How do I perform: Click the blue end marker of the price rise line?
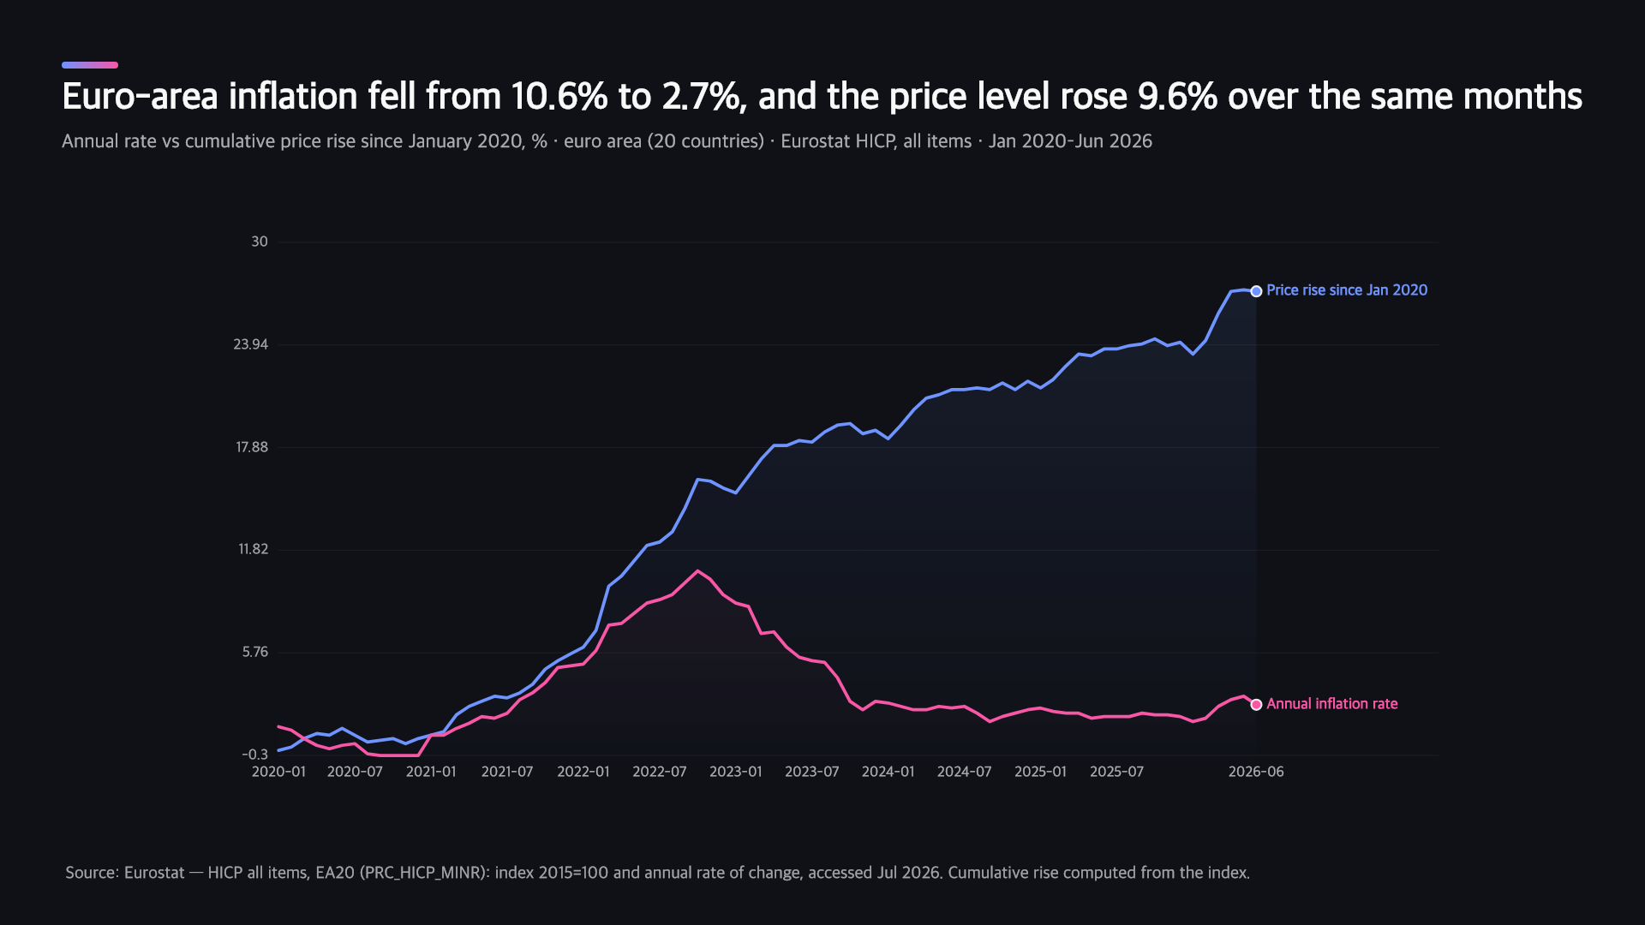pos(1256,291)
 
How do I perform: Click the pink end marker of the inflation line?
pos(1256,705)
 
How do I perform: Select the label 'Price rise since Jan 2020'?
pos(1347,290)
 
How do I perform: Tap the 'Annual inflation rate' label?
pos(1332,704)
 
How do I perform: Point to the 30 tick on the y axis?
pos(259,242)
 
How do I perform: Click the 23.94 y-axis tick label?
pos(250,344)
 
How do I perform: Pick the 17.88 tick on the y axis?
pos(252,447)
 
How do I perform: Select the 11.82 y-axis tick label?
pos(253,549)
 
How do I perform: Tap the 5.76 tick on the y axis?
pos(254,652)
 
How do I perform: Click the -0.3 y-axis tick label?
pos(254,755)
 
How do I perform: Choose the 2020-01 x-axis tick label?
pos(278,772)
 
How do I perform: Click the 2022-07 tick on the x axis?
pos(660,772)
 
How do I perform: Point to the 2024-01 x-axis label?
pos(888,772)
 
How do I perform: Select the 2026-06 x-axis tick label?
pos(1256,772)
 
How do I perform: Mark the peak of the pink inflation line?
pos(697,570)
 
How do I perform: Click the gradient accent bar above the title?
pos(90,65)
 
